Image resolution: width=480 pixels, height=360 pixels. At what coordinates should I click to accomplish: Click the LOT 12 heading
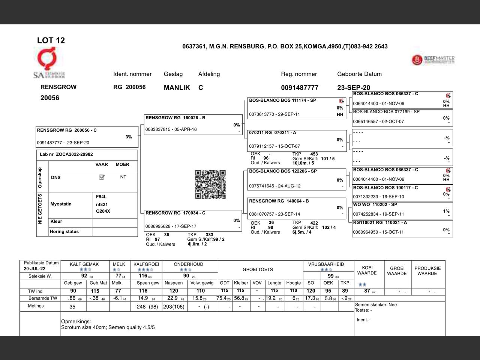pyautogui.click(x=51, y=40)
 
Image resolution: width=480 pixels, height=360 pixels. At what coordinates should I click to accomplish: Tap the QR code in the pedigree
pyautogui.click(x=210, y=184)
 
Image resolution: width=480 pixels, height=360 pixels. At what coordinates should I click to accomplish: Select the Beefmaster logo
pyautogui.click(x=433, y=60)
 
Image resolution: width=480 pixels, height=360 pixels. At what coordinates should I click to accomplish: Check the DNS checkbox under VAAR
pyautogui.click(x=102, y=177)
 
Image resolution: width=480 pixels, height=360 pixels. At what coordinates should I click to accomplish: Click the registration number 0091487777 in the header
pyautogui.click(x=300, y=88)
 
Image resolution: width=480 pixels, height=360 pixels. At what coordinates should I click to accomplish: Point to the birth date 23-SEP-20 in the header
pyautogui.click(x=353, y=88)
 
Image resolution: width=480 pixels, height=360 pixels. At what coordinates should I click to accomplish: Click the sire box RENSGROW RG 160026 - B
pyautogui.click(x=193, y=124)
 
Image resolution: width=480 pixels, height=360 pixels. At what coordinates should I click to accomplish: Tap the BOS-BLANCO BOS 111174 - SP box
pyautogui.click(x=296, y=108)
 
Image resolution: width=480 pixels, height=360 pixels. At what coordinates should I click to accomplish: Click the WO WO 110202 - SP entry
pyautogui.click(x=402, y=210)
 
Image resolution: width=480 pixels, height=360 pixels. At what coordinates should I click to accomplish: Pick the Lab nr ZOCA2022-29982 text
pyautogui.click(x=66, y=154)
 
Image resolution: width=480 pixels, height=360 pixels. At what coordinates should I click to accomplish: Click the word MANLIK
pyautogui.click(x=177, y=88)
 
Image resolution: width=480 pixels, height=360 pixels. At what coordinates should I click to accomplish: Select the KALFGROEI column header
pyautogui.click(x=146, y=264)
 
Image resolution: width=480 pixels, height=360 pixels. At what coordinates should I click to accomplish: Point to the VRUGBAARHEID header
pyautogui.click(x=326, y=264)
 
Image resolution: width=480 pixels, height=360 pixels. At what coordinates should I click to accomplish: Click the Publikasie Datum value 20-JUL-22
pyautogui.click(x=34, y=269)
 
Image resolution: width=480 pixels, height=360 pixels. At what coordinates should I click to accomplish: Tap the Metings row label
pyautogui.click(x=36, y=306)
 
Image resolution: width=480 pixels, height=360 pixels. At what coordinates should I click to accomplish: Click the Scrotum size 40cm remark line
pyautogui.click(x=108, y=327)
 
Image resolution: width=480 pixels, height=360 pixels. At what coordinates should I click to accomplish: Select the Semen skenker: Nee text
pyautogui.click(x=376, y=305)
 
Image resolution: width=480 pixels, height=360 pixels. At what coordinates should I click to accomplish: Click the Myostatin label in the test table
pyautogui.click(x=61, y=204)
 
